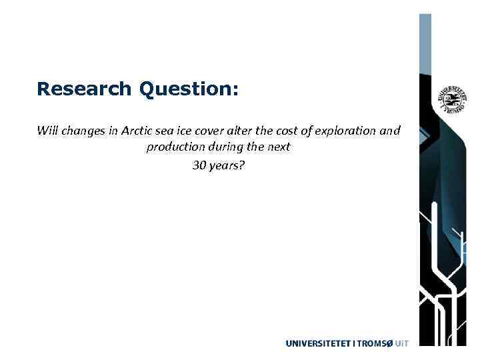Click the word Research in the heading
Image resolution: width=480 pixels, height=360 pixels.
point(85,89)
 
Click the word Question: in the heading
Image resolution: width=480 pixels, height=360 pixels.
point(189,89)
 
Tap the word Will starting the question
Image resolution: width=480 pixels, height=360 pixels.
point(47,131)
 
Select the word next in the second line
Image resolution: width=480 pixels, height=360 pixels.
point(279,147)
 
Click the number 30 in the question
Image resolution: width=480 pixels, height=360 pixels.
point(199,165)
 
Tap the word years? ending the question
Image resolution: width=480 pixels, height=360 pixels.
point(227,165)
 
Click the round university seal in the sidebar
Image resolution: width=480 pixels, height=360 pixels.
point(451,99)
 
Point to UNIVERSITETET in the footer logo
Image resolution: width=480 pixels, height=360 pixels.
point(318,344)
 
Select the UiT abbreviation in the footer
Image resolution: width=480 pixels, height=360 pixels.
point(401,344)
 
